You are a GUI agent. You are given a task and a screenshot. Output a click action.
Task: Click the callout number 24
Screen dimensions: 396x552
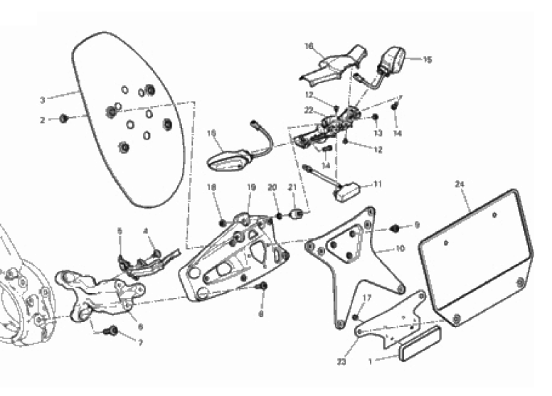(x=459, y=184)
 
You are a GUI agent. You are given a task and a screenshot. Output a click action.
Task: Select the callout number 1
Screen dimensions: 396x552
(x=368, y=362)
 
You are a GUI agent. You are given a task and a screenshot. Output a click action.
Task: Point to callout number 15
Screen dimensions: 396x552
(x=428, y=60)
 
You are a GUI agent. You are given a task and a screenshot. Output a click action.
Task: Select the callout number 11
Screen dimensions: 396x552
(x=378, y=183)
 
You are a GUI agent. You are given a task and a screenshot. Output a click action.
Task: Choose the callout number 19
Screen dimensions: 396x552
(x=250, y=188)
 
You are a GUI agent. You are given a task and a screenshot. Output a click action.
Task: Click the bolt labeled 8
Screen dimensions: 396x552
(x=263, y=287)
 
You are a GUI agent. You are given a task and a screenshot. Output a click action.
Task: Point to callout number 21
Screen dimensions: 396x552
(x=292, y=188)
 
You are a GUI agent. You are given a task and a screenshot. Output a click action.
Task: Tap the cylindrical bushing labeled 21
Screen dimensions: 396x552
(x=301, y=213)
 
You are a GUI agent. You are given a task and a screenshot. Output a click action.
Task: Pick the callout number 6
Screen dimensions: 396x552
(x=139, y=326)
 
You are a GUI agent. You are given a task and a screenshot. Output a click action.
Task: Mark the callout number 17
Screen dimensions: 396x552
(x=367, y=297)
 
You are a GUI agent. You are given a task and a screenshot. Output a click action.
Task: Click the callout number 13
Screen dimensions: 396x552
(x=378, y=132)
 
